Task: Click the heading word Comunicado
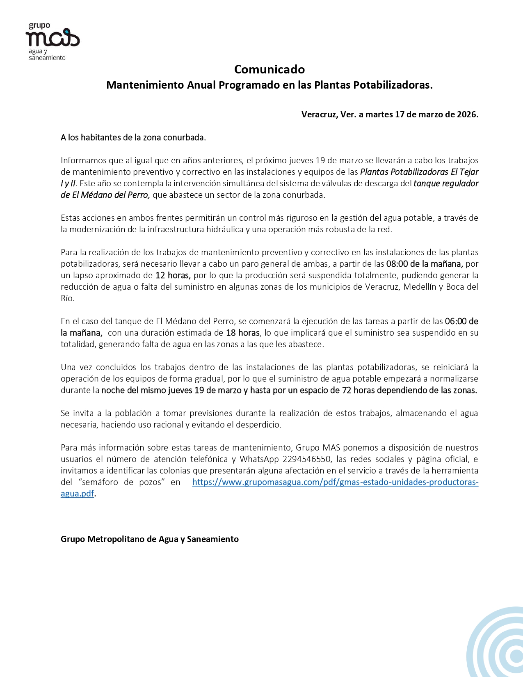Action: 269,69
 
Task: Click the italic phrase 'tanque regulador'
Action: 446,183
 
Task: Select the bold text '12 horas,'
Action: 173,275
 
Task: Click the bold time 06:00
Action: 456,321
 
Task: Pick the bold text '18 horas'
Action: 243,333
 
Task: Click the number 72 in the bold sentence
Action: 347,390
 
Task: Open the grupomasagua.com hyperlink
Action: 335,482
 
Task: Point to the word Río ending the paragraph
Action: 67,298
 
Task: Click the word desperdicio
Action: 258,425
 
